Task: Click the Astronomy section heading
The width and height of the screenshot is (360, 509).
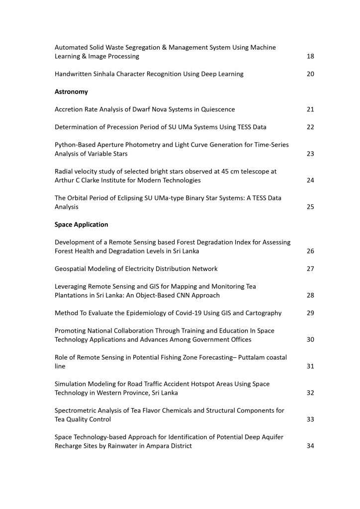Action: coord(71,91)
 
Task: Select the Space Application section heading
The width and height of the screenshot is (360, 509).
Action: coord(81,224)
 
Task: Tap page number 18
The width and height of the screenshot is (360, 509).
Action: coord(310,56)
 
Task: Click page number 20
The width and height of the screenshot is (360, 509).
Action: coord(310,74)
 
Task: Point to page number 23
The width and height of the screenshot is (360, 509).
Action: coord(310,154)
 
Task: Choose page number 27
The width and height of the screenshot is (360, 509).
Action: coord(310,269)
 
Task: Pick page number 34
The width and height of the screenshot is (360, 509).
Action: coord(310,446)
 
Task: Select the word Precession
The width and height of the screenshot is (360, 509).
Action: coord(113,127)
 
